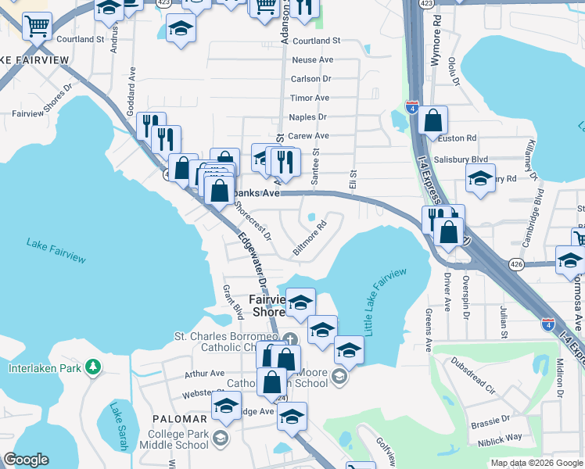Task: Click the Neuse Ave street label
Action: coord(312,60)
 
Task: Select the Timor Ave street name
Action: coord(310,98)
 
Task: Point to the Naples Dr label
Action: coord(307,116)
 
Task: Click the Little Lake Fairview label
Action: coord(386,301)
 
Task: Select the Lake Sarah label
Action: coord(118,426)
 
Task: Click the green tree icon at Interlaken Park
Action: coord(93,367)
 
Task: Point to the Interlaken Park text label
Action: coord(45,368)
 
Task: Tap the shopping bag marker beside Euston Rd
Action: coord(432,120)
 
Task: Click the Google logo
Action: coord(26,460)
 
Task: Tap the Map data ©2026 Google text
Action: coord(537,463)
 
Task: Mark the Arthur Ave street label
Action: coord(204,374)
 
